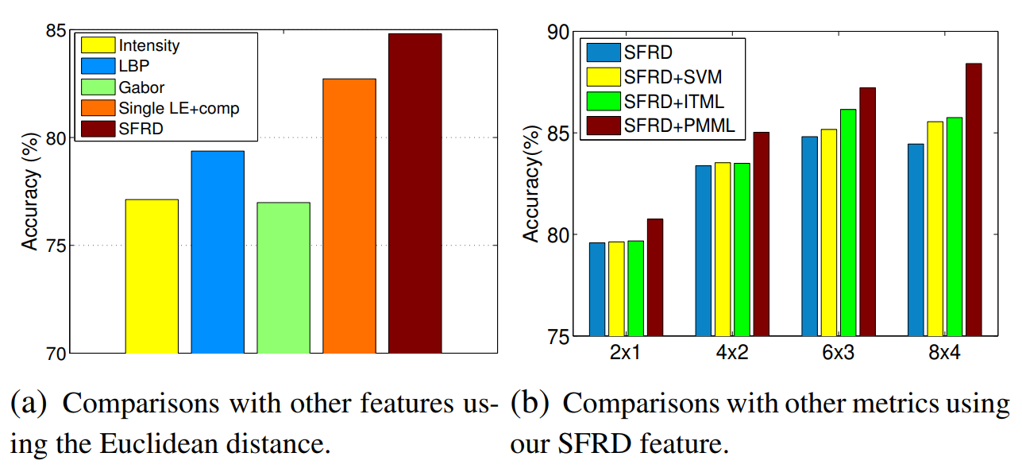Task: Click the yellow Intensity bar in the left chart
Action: [152, 276]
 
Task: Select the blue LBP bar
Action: [218, 251]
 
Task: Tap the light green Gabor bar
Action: [283, 277]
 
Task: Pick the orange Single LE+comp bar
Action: [349, 215]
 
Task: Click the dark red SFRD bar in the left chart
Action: [415, 193]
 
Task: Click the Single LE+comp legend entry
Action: [178, 107]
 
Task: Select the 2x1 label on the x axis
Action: [626, 354]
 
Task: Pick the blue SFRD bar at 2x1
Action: [597, 289]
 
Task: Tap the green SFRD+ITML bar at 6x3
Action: [848, 223]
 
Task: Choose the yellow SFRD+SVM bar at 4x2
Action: [723, 249]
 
